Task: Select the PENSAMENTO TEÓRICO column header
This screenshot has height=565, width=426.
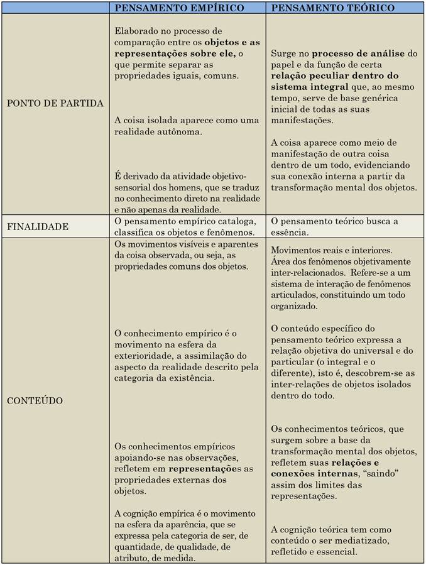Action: click(x=333, y=8)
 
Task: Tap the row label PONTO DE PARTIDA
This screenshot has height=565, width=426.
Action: click(x=55, y=103)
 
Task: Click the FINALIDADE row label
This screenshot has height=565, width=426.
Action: click(x=38, y=226)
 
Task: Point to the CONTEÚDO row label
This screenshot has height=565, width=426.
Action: click(x=35, y=400)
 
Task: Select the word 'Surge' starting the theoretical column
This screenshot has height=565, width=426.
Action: click(x=284, y=53)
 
